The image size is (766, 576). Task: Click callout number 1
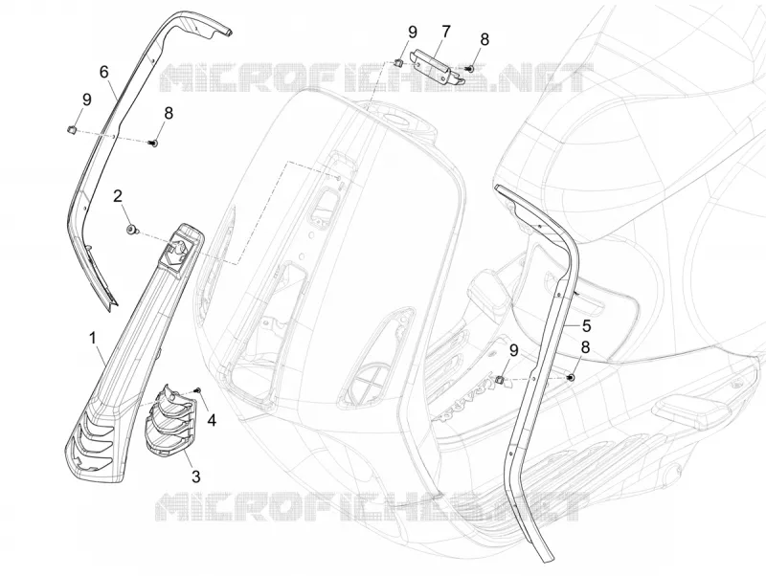tap(92, 338)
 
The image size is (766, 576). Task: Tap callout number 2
tap(117, 196)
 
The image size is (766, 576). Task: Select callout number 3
tap(196, 476)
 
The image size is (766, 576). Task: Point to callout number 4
tap(212, 420)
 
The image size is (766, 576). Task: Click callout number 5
tap(587, 326)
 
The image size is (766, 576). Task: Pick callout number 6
tap(103, 72)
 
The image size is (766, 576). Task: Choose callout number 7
tap(445, 33)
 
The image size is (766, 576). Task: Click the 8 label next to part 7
tap(484, 39)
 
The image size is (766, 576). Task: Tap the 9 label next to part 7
tap(413, 33)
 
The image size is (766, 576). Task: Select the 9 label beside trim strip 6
tap(87, 100)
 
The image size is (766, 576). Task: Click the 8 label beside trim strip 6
tap(169, 113)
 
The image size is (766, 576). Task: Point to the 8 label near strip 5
tap(585, 347)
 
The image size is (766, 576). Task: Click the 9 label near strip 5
tap(513, 350)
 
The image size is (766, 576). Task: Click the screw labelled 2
tap(131, 230)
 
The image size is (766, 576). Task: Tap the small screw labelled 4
tap(198, 389)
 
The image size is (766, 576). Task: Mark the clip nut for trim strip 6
tap(70, 129)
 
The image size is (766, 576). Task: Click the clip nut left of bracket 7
tap(398, 62)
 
